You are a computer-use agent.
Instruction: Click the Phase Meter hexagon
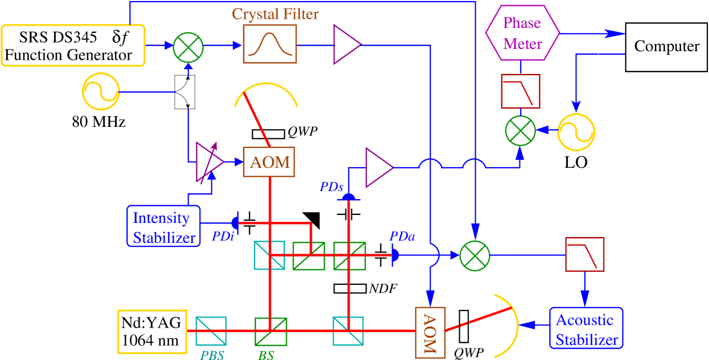tap(522, 33)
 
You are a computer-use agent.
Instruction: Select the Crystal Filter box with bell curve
tap(270, 44)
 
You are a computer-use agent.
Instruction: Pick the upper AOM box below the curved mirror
tap(269, 162)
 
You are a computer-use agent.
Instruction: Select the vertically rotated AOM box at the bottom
tap(430, 332)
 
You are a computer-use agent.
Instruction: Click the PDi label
tap(223, 237)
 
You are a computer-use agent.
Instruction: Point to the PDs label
tap(331, 187)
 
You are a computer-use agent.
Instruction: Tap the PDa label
tap(402, 236)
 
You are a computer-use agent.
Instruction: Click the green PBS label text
tap(212, 355)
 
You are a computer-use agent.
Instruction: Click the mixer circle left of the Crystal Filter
tap(188, 46)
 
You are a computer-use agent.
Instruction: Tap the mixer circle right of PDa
tap(475, 255)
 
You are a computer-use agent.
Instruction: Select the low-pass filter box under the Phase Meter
tap(520, 91)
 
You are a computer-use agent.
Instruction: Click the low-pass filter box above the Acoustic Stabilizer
tap(584, 254)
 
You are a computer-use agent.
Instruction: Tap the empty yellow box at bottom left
tap(152, 331)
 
